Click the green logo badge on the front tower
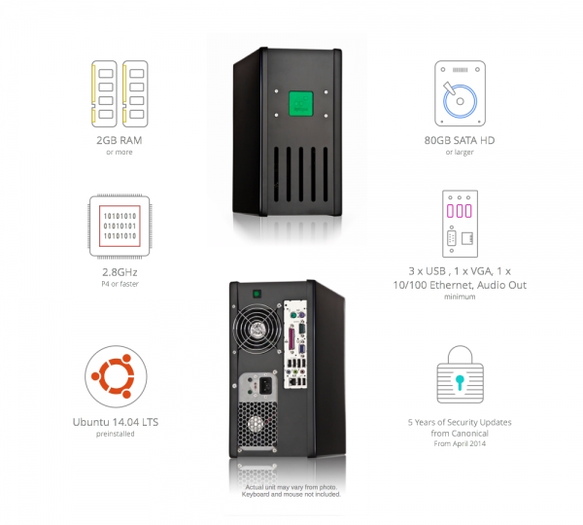coord(301,103)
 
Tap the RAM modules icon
coord(120,93)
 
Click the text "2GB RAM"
coord(120,140)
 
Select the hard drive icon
coord(460,93)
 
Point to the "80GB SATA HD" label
coord(460,140)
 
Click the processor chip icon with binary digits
coord(120,227)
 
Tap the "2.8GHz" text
coord(120,272)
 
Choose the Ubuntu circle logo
coord(116,376)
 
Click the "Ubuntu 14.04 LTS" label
coord(116,422)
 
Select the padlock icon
coord(461,374)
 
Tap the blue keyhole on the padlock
coord(460,382)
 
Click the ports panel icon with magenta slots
coord(460,224)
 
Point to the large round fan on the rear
coord(257,329)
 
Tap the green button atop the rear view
coord(257,294)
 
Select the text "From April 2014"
coord(460,443)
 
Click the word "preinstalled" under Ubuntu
coord(116,434)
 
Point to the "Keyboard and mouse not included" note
coord(291,495)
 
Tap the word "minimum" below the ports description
coord(460,297)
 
